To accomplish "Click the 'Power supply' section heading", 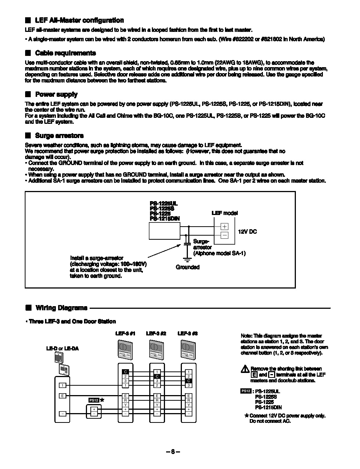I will tap(56, 95).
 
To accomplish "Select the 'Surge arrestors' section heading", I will tap(59, 136).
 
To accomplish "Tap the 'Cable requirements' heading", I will tap(65, 53).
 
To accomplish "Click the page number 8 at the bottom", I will tap(173, 452).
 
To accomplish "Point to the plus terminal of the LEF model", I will tap(224, 227).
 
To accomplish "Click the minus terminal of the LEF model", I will tap(224, 236).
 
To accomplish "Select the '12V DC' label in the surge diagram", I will tap(247, 232).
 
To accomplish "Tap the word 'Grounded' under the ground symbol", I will tap(187, 267).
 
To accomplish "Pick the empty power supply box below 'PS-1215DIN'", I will tap(164, 231).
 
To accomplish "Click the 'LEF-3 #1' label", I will tap(125, 334).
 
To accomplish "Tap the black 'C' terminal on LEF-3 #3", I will tap(189, 381).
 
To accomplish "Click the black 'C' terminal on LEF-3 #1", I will tap(126, 372).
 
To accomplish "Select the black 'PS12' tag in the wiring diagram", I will tap(93, 400).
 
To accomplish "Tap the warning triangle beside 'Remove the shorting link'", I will tap(245, 369).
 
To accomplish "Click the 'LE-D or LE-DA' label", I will tap(62, 349).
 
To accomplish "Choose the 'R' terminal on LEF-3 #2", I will tap(157, 400).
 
